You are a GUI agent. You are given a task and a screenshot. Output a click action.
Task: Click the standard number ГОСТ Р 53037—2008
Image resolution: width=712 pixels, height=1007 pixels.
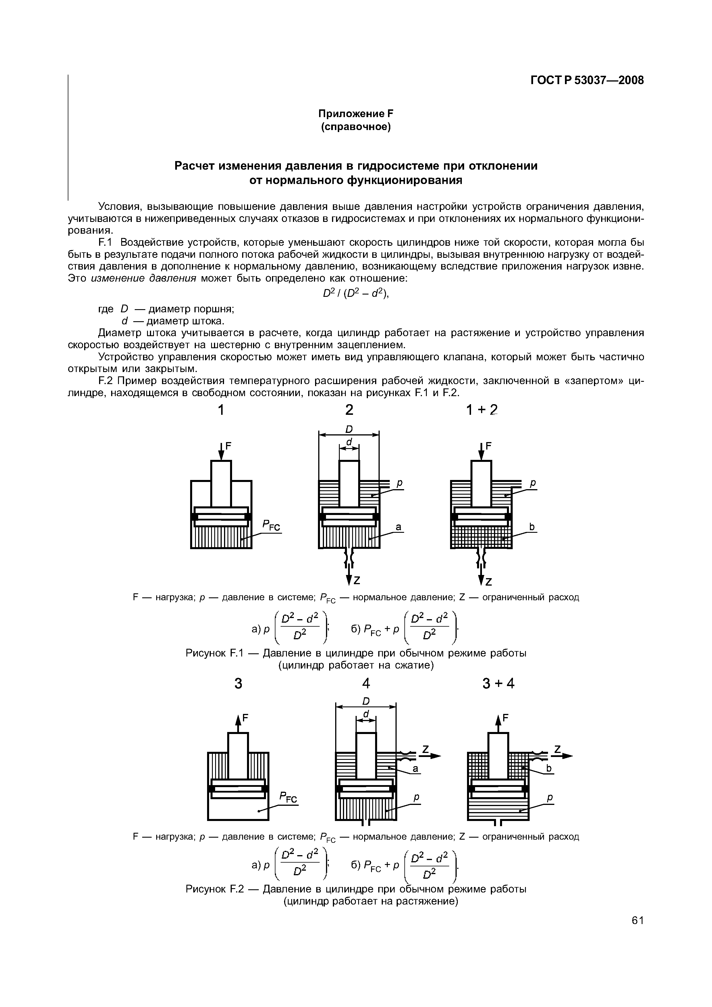pos(587,80)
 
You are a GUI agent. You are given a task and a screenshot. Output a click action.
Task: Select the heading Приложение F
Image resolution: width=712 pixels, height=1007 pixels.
pos(356,114)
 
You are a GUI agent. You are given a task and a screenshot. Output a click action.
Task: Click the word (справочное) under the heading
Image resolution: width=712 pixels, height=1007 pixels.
pos(356,127)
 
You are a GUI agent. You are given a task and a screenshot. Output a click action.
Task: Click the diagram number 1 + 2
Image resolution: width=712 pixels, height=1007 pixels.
pos(482,410)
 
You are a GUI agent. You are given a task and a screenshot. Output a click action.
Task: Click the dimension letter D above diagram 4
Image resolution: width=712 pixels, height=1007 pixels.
pos(366,701)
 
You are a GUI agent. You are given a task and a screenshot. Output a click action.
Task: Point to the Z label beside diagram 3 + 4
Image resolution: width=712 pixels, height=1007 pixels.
pos(558,748)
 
